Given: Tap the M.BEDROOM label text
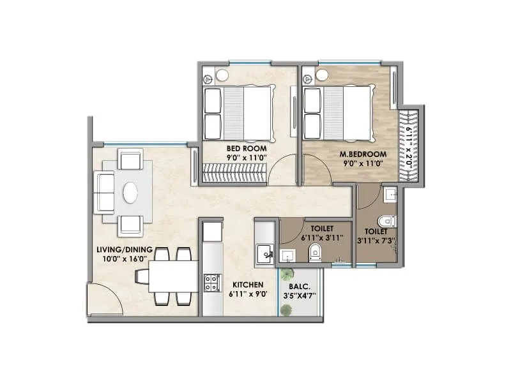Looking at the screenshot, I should (x=363, y=153).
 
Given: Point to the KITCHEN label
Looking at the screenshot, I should (x=249, y=285).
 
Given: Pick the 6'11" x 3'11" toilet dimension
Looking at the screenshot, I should (x=323, y=237).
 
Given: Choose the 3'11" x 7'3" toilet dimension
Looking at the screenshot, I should (x=376, y=241).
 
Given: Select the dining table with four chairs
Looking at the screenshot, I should (x=165, y=276).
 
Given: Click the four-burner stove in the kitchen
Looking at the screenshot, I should (x=211, y=282).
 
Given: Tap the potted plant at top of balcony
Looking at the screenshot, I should (x=289, y=274).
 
